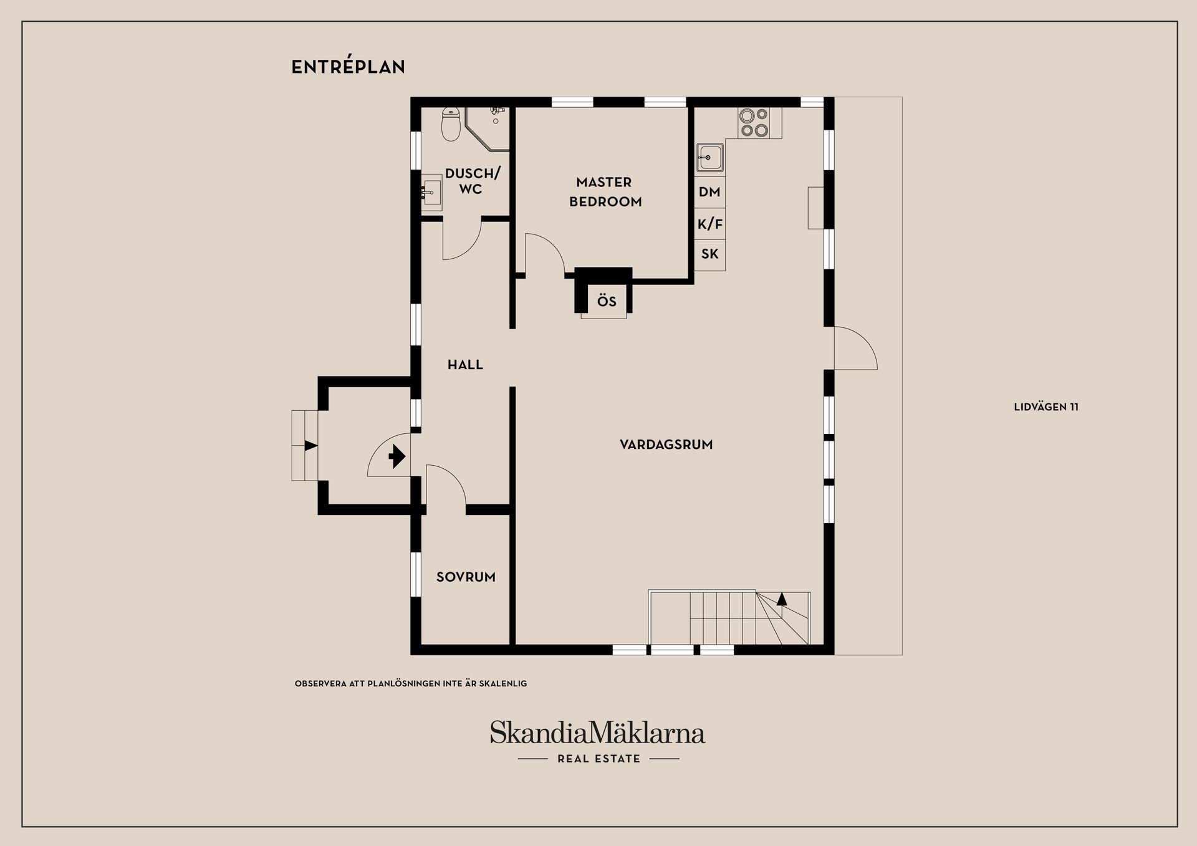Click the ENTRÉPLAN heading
(348, 67)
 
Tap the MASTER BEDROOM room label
(605, 191)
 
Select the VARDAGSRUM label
(666, 445)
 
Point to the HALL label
(465, 365)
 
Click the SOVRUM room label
(466, 577)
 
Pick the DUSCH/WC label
(473, 181)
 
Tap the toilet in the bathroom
(451, 123)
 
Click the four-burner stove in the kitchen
(754, 122)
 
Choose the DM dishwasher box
(709, 192)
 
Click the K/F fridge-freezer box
(709, 224)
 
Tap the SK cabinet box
(709, 254)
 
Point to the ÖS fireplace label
(607, 302)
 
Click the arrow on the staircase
(782, 600)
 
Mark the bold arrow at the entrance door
(397, 456)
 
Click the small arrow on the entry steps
(311, 445)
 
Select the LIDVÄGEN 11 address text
(1046, 407)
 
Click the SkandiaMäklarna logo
(597, 733)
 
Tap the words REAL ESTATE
(598, 759)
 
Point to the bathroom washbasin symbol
(431, 193)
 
